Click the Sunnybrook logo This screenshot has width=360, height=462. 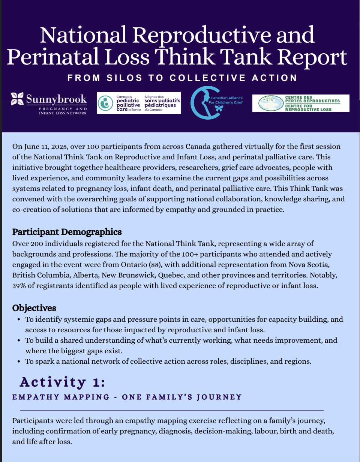coord(49,103)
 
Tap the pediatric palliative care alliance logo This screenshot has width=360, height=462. coord(139,103)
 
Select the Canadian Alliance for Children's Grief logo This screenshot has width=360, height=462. coord(217,103)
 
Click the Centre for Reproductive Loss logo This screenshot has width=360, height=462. coord(301,103)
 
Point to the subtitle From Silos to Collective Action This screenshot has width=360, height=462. coord(182,78)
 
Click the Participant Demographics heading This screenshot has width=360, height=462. coord(67,232)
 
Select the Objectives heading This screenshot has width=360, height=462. coord(34,308)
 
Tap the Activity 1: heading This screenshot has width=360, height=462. coord(63,382)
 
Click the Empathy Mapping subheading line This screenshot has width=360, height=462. coord(127,397)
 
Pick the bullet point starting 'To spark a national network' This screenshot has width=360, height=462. coord(168,361)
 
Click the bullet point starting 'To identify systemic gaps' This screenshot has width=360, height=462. coord(184,325)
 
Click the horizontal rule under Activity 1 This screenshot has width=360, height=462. coord(172,410)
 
